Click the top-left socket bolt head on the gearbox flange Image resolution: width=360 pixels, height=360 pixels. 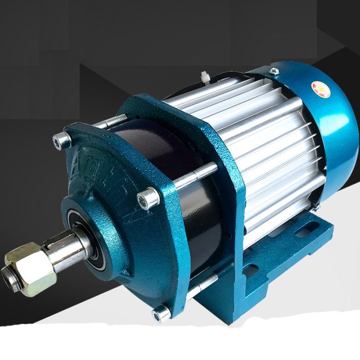click(63, 139)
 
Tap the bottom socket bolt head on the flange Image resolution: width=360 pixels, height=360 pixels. click(160, 312)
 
